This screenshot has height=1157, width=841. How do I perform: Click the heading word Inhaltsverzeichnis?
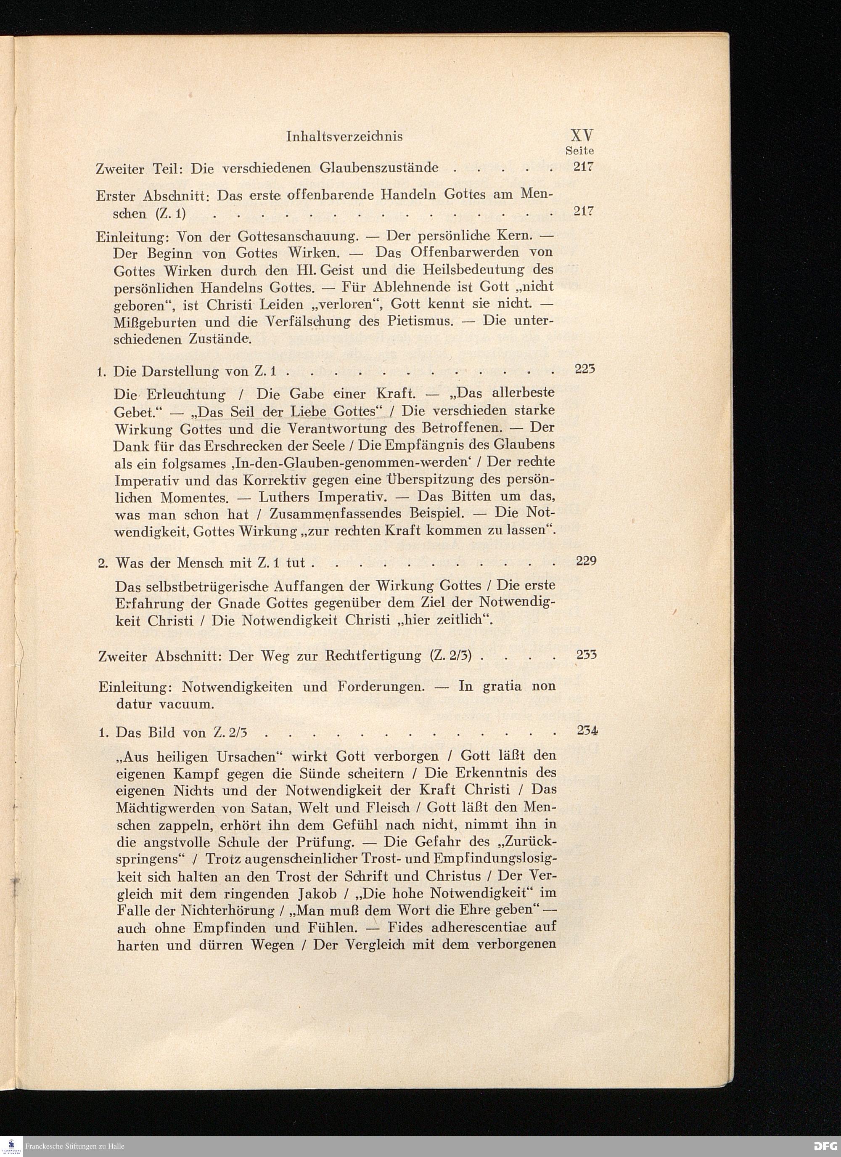344,136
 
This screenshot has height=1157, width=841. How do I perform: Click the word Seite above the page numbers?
580,151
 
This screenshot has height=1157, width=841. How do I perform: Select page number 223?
585,369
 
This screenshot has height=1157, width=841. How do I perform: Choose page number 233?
587,655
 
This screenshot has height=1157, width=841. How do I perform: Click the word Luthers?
285,496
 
